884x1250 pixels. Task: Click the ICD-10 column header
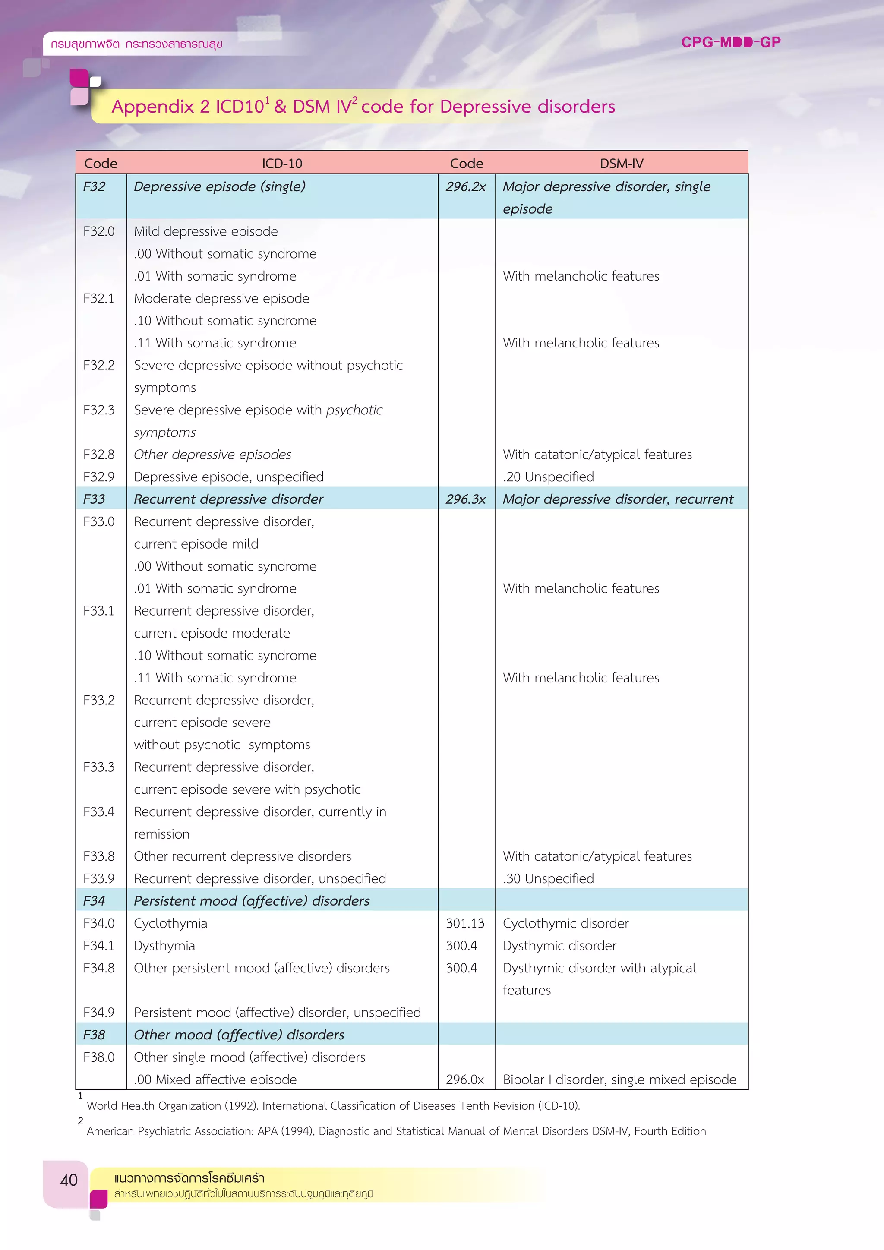pyautogui.click(x=281, y=163)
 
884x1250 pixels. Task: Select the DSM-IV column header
pyautogui.click(x=621, y=163)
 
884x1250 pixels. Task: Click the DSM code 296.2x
pyautogui.click(x=465, y=187)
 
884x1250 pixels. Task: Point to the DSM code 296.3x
pyautogui.click(x=465, y=499)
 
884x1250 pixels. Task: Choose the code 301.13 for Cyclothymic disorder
pyautogui.click(x=465, y=923)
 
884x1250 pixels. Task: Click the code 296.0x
pyautogui.click(x=464, y=1080)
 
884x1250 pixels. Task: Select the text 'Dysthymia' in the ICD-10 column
pyautogui.click(x=164, y=946)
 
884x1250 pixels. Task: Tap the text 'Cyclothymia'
pyautogui.click(x=170, y=923)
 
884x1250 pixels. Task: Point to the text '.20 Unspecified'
pyautogui.click(x=548, y=477)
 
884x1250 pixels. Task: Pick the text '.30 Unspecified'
pyautogui.click(x=548, y=879)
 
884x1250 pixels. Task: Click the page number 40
pyautogui.click(x=69, y=1181)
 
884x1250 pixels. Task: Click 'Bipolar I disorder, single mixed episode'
pyautogui.click(x=619, y=1080)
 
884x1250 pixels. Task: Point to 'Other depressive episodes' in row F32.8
pyautogui.click(x=212, y=455)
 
